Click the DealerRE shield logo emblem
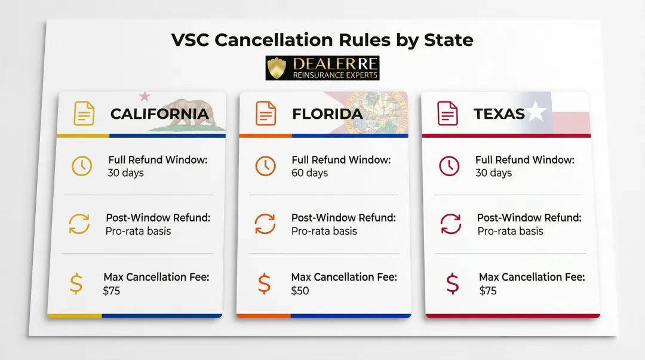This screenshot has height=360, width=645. coord(278,68)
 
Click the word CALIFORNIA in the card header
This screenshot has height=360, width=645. coord(159,113)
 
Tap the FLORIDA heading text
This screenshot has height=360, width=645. coord(327,113)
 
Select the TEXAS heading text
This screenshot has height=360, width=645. coord(499,113)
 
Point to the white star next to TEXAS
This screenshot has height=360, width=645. coord(536,112)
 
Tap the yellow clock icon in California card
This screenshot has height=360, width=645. coord(82,166)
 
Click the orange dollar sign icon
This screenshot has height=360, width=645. coord(264,283)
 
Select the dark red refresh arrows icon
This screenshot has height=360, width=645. coord(451,224)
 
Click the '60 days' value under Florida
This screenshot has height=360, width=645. coord(310,173)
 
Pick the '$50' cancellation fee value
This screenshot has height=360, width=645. coord(300,291)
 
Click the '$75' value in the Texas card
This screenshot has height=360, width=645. coord(487,291)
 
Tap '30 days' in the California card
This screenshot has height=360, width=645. coord(126,173)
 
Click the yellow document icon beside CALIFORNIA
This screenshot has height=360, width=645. coord(84,113)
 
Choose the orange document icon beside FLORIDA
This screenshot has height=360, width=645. coord(266,113)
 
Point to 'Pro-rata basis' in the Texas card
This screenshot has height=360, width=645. coord(510,231)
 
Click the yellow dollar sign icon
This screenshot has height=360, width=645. coord(76,283)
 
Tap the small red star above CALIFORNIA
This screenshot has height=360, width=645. coord(144,96)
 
